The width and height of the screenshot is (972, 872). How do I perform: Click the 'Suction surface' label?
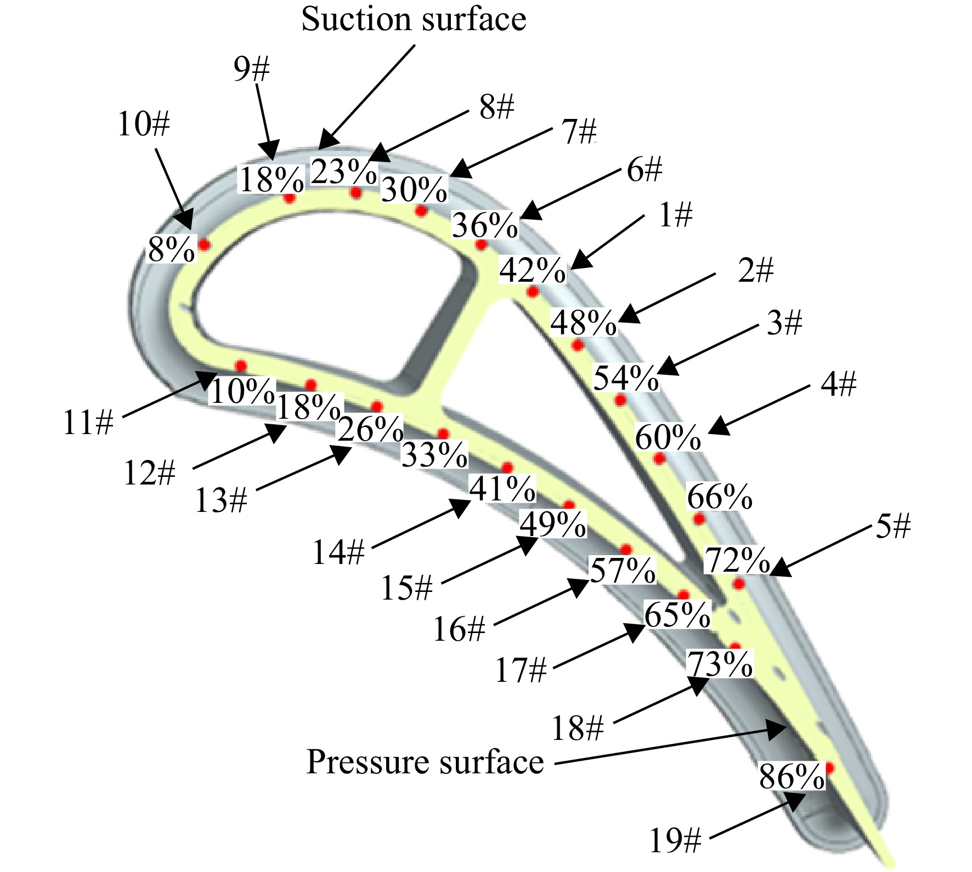[x=414, y=20]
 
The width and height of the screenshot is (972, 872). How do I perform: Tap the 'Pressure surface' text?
[x=425, y=762]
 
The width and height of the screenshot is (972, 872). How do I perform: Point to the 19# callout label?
[x=675, y=840]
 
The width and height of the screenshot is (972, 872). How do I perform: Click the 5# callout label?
[x=893, y=526]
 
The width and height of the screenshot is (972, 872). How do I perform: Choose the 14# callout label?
[x=338, y=552]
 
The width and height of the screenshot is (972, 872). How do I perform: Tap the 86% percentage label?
[x=792, y=776]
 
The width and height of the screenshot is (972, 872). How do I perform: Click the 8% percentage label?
[x=172, y=250]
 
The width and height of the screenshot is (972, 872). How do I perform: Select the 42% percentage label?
[x=532, y=270]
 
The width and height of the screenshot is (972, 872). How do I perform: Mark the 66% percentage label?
[x=720, y=497]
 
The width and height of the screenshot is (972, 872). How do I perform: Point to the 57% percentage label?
[x=623, y=571]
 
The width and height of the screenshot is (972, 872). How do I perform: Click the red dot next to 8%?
[x=204, y=244]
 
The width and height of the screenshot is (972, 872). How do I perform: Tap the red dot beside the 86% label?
[x=829, y=768]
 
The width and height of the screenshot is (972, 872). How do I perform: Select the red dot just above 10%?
[x=240, y=366]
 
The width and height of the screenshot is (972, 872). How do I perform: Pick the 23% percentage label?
[x=344, y=171]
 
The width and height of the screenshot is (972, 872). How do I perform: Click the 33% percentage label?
[x=434, y=454]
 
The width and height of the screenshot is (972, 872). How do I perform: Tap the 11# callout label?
[x=88, y=423]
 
